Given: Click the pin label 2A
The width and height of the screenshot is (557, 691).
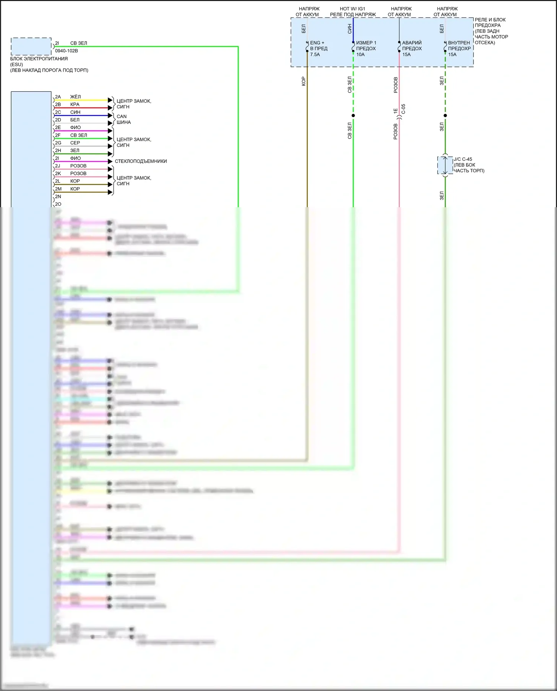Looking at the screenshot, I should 58,97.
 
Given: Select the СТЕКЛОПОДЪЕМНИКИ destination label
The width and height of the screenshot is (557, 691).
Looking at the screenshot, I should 141,161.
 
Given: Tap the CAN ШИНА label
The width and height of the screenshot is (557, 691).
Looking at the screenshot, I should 123,119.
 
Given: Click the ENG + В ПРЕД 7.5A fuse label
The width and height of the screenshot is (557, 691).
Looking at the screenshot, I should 318,49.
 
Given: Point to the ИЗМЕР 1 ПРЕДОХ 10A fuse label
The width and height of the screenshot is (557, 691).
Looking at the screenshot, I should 366,49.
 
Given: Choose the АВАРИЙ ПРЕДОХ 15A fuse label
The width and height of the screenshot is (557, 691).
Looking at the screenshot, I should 412,49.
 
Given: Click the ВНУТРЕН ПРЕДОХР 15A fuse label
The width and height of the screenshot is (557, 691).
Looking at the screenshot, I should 459,49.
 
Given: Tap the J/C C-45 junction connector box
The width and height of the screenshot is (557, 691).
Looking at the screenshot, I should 445,165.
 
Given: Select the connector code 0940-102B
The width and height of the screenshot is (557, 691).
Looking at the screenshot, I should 66,51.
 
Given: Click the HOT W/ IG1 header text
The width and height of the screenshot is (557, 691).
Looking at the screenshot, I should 352,9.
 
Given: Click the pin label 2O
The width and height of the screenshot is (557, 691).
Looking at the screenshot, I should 58,204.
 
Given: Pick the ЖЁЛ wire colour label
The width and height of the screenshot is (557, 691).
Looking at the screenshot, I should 75,97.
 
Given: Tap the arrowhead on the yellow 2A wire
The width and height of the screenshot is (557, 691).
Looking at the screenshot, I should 110,100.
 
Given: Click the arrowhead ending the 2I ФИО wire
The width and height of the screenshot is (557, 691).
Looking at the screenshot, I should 110,162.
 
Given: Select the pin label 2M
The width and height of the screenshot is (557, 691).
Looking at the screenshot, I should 58,189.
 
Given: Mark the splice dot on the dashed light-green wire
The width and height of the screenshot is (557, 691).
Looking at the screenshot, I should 353,115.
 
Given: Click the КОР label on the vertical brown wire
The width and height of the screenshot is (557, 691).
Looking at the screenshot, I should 303,81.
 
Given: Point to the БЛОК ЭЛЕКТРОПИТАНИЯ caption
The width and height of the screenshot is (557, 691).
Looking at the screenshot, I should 39,59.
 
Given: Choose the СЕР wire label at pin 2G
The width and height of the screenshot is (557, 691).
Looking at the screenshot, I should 75,143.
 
